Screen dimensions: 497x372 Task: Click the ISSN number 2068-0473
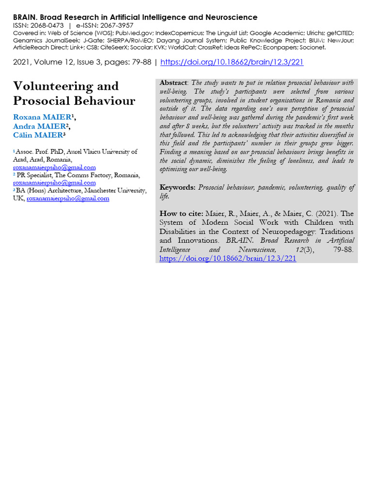[47, 26]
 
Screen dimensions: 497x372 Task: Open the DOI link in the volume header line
[232, 63]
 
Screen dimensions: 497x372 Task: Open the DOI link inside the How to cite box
[228, 259]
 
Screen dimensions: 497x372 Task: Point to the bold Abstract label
[173, 83]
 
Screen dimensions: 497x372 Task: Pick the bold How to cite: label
[181, 214]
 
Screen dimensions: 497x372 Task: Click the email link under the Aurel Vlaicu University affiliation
[54, 167]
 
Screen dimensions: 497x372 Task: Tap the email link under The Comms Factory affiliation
[54, 183]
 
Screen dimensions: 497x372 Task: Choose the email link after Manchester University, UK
[68, 199]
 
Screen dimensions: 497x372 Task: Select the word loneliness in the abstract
[297, 161]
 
